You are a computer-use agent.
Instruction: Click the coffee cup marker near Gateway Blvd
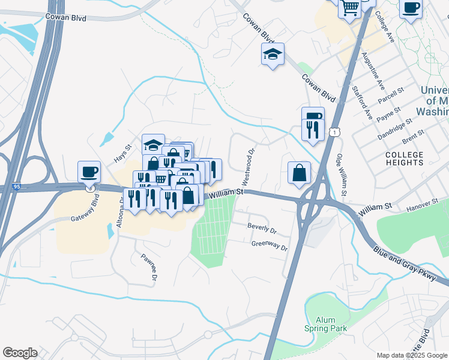tap(89, 172)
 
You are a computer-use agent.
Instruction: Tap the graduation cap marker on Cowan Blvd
tap(273, 55)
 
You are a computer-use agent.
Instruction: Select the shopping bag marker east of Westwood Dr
tap(299, 173)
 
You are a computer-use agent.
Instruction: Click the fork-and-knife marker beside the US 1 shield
tap(313, 130)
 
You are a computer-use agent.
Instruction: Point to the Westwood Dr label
tap(247, 167)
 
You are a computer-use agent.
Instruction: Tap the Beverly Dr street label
tap(262, 229)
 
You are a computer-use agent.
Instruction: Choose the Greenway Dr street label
tap(270, 245)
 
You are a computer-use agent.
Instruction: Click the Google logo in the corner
tap(20, 352)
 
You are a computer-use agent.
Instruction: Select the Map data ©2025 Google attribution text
tap(411, 355)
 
